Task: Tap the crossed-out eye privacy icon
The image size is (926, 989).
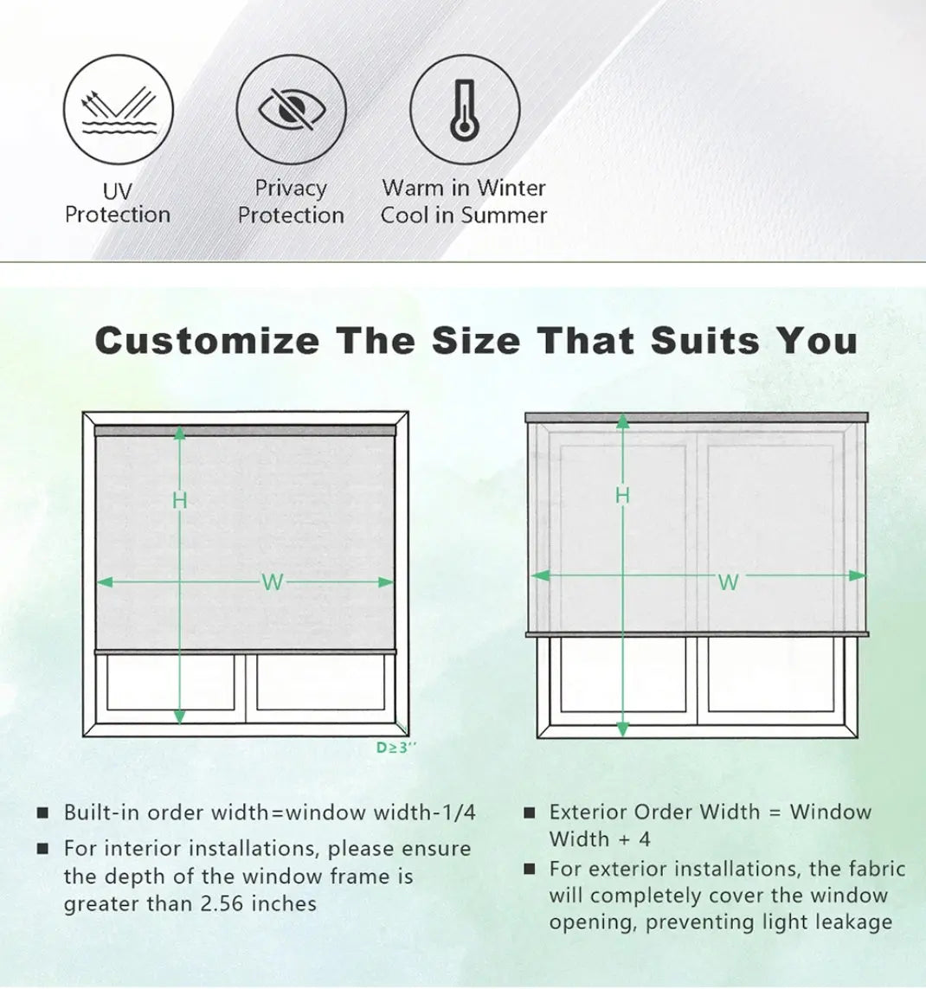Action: [292, 110]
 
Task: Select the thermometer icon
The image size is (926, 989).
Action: [465, 110]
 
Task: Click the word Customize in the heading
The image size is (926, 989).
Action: [208, 341]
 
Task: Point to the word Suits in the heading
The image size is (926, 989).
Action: [704, 341]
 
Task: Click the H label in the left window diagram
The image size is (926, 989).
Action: [180, 501]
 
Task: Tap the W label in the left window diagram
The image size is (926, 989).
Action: [272, 582]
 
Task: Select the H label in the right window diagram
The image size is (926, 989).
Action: [622, 496]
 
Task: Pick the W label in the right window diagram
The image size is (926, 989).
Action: [729, 582]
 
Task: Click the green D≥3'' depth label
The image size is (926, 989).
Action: [396, 748]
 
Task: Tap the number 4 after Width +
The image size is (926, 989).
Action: [644, 839]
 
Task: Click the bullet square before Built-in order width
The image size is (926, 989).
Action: [42, 812]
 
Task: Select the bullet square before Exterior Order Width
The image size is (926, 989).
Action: [530, 812]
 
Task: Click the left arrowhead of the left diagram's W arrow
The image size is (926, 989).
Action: [104, 581]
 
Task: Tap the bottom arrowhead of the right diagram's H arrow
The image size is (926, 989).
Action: [622, 729]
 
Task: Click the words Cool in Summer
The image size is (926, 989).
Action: [464, 215]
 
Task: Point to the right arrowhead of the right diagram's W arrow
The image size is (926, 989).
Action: [858, 575]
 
